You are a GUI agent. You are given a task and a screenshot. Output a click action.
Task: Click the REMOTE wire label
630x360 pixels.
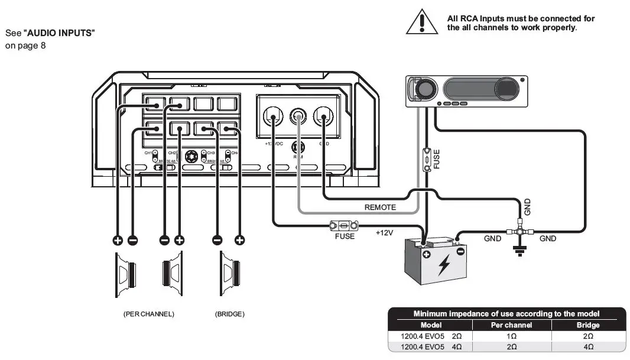pos(380,207)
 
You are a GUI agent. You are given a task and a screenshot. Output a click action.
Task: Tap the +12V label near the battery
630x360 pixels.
pos(385,233)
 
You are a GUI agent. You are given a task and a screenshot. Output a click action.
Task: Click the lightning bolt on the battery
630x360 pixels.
pos(443,266)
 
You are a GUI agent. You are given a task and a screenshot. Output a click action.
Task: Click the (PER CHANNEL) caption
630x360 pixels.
pos(148,314)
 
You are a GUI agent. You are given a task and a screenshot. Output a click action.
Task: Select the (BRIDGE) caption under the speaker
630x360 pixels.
pos(229,314)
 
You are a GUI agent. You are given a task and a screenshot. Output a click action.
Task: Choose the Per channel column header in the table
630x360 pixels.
pos(511,325)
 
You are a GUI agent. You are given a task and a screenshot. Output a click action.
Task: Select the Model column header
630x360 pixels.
pos(431,325)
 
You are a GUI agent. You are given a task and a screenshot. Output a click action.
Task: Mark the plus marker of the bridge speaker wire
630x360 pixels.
pos(239,240)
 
